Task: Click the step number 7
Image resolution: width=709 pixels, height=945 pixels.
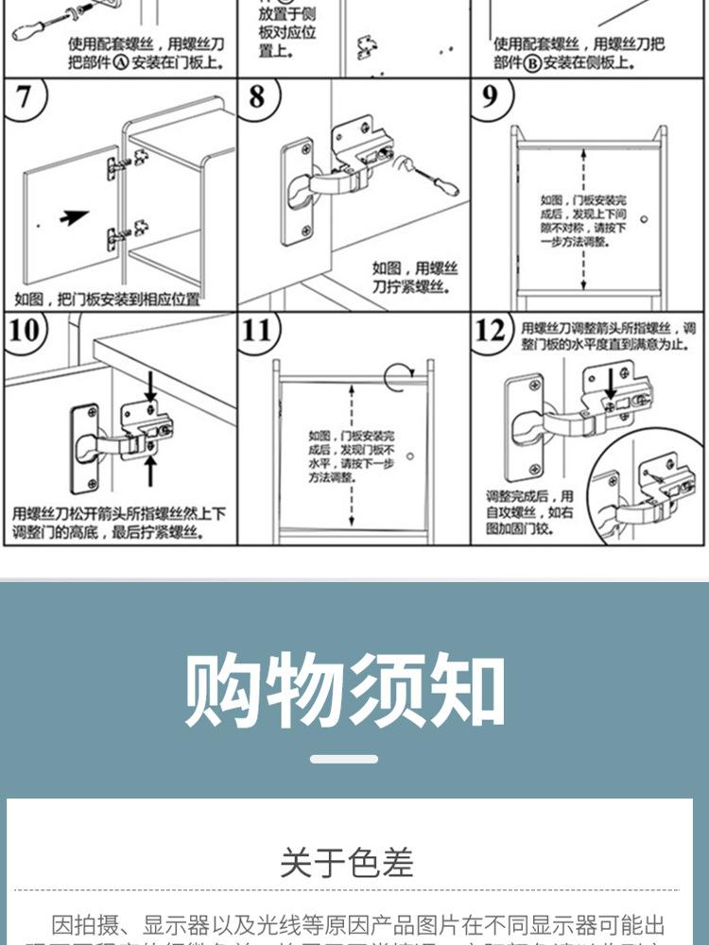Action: [x=23, y=98]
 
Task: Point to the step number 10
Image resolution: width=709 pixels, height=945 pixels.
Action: [x=26, y=331]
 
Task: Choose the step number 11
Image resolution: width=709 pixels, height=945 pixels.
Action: [x=257, y=331]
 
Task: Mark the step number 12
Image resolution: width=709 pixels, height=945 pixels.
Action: [x=491, y=331]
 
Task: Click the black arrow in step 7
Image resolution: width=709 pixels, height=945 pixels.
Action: [x=74, y=217]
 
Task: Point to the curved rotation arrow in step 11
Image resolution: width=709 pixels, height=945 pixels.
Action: [x=397, y=374]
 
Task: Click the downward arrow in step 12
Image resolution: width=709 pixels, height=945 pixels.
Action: [x=611, y=382]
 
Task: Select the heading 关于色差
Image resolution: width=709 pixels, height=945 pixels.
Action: [x=347, y=862]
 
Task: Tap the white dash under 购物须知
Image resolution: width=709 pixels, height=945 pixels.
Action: [x=344, y=759]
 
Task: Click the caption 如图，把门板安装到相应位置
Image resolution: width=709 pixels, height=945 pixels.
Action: [x=107, y=300]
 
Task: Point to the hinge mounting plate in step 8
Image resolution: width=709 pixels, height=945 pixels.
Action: [x=298, y=192]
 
